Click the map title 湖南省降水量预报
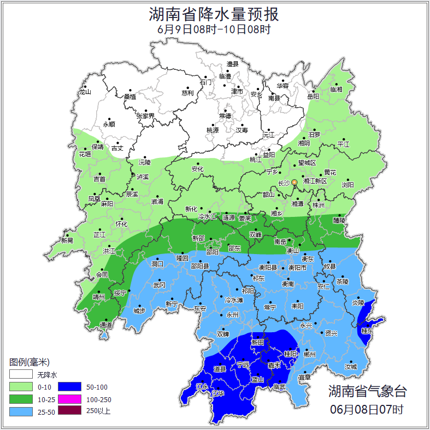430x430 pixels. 214,14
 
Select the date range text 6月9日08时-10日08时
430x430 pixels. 214,30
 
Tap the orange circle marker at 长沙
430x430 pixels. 294,182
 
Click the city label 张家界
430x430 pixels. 145,116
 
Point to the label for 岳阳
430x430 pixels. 313,97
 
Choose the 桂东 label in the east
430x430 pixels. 367,331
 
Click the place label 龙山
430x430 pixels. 85,92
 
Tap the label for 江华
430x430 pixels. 219,393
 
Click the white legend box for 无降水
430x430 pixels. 21,375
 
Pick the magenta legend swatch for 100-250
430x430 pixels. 69,399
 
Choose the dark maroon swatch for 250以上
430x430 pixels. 69,411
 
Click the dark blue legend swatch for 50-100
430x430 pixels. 69,387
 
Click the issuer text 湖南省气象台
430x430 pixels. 367,391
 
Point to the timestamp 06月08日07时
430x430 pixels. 367,409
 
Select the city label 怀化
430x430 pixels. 121,224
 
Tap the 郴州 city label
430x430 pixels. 310,354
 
